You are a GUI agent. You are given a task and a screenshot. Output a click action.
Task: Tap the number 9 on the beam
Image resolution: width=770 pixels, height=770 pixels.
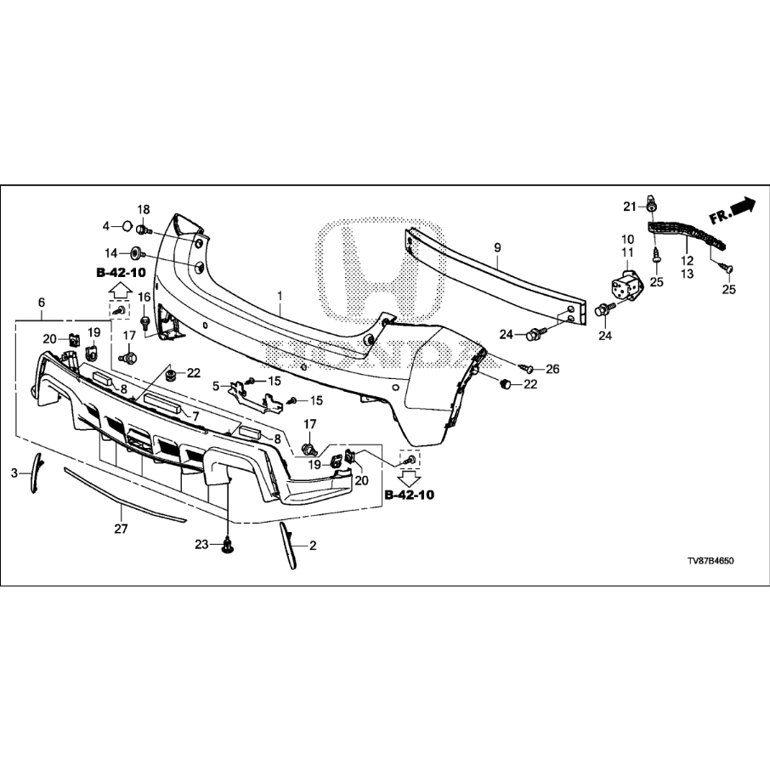[x=497, y=247]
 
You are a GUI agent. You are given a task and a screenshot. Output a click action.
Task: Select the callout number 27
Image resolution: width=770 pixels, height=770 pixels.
[x=121, y=529]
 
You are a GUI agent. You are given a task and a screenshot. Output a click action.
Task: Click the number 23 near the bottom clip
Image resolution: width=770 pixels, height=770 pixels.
[x=201, y=544]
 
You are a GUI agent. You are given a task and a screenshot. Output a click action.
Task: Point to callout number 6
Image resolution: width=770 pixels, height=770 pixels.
[x=41, y=303]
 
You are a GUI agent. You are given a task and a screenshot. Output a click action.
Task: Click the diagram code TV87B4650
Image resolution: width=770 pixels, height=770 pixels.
[x=710, y=562]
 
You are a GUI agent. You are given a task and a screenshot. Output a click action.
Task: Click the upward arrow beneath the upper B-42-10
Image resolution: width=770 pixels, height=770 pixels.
[x=120, y=290]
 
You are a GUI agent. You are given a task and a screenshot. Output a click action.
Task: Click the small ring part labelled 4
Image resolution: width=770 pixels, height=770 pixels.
[x=125, y=226]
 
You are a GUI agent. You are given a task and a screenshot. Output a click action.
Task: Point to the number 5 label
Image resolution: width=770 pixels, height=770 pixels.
[x=217, y=385]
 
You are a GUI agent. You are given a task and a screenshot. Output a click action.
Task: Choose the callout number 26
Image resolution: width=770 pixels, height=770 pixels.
[x=553, y=369]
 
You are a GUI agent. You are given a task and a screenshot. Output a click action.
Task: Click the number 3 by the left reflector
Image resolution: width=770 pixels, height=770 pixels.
[x=14, y=473]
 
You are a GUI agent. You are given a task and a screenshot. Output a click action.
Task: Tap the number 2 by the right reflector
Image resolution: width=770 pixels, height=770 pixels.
[x=312, y=546]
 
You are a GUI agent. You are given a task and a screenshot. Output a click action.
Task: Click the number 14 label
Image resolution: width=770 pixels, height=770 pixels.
[x=111, y=252]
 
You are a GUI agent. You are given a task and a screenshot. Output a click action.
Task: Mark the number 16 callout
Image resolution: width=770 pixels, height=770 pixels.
[x=144, y=297]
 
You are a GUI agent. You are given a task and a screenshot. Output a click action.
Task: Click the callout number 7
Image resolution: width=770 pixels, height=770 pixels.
[x=195, y=416]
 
